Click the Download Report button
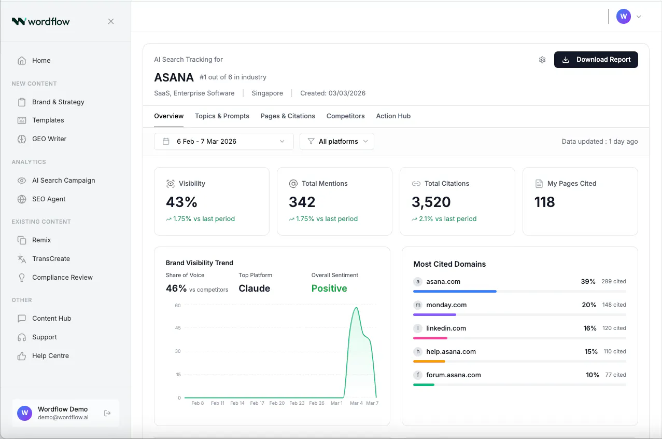coord(596,60)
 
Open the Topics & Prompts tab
coord(222,116)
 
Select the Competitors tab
coord(345,116)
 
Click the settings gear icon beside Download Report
coord(542,60)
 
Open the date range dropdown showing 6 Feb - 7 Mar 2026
coord(224,141)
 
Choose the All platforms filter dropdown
coord(337,141)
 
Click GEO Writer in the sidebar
coord(49,139)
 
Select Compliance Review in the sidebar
coord(62,277)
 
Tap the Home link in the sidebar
coord(41,60)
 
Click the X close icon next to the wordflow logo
coord(111,21)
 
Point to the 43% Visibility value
coord(181,202)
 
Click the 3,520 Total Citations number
coord(431,202)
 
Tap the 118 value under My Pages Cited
coord(545,202)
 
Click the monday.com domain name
coord(446,305)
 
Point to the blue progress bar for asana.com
coord(455,292)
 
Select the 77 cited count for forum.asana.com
coord(615,375)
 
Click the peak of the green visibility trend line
coord(357,308)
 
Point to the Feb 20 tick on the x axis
coord(277,403)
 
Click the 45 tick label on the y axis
coord(178,328)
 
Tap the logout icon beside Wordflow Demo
coord(107,413)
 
